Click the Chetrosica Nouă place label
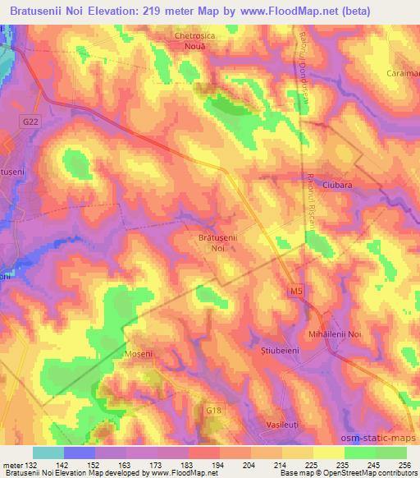(x=194, y=42)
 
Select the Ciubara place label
(x=336, y=186)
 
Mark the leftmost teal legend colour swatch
(x=48, y=453)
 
